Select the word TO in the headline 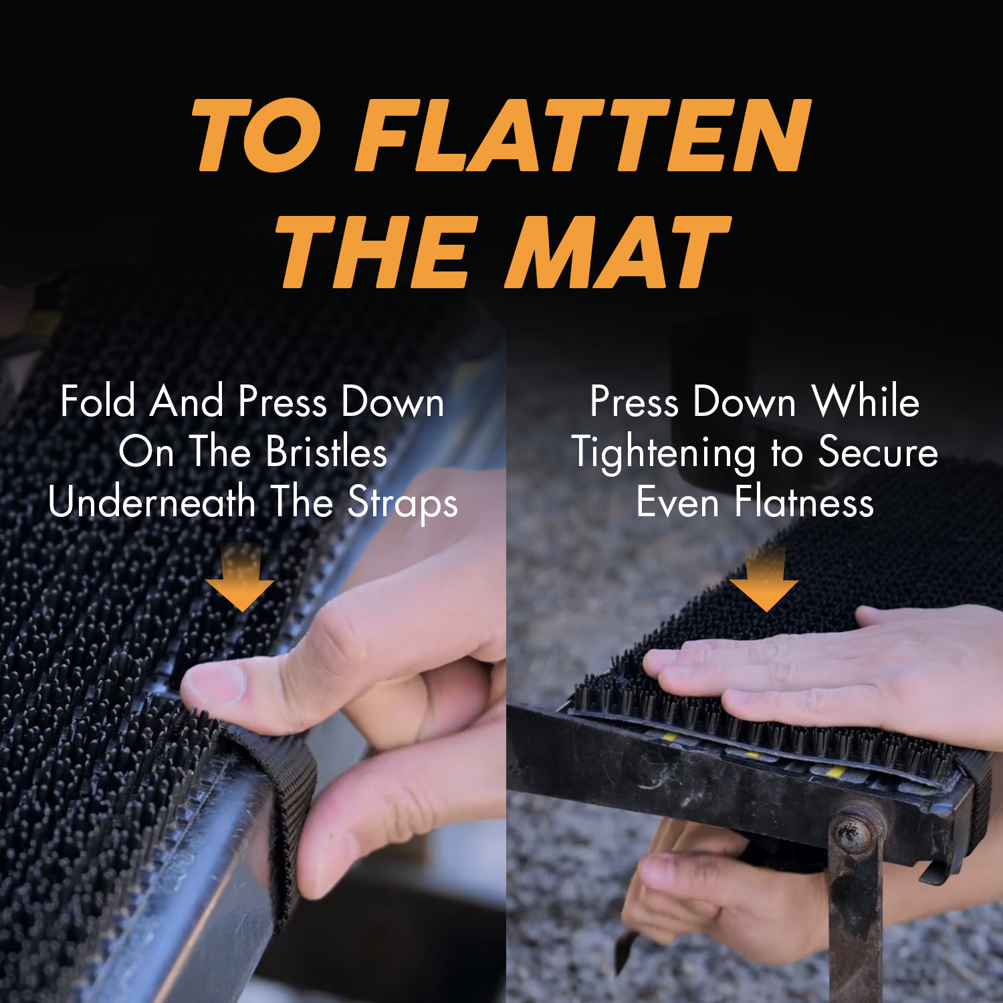coord(257,136)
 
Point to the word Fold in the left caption coord(98,402)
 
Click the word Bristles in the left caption coord(326,452)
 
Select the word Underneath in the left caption coord(152,502)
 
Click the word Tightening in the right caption coord(663,453)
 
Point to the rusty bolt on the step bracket coord(851,832)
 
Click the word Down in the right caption coord(744,402)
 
